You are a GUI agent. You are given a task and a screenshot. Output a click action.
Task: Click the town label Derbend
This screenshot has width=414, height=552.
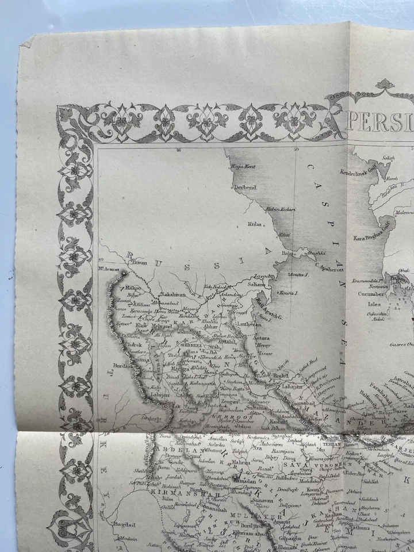click(x=244, y=187)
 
